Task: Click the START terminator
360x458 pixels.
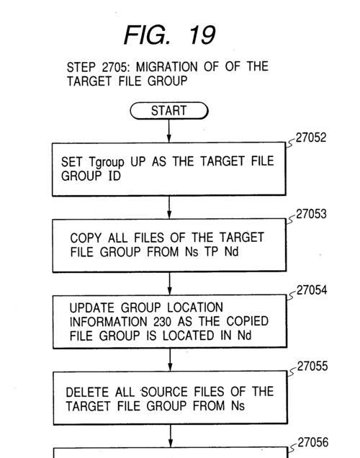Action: pyautogui.click(x=168, y=111)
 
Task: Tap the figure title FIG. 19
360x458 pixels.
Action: pyautogui.click(x=170, y=35)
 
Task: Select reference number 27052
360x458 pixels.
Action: pyautogui.click(x=310, y=138)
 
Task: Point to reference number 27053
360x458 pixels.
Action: pyautogui.click(x=311, y=214)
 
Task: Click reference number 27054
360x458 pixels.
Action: pyautogui.click(x=312, y=290)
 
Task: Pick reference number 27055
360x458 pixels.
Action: pyautogui.click(x=312, y=366)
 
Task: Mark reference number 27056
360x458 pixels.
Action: pyautogui.click(x=312, y=442)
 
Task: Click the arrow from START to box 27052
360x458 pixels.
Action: pyautogui.click(x=168, y=131)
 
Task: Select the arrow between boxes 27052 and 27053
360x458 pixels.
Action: pyautogui.click(x=169, y=207)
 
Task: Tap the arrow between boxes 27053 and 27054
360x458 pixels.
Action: pyautogui.click(x=169, y=283)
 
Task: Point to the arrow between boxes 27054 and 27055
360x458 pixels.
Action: pyautogui.click(x=170, y=359)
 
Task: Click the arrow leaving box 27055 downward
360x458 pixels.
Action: pyautogui.click(x=171, y=436)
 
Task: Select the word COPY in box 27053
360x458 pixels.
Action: pyautogui.click(x=86, y=238)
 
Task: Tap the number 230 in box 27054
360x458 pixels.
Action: pyautogui.click(x=162, y=322)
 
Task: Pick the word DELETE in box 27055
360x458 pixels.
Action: pyautogui.click(x=87, y=392)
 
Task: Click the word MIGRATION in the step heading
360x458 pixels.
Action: pyautogui.click(x=167, y=67)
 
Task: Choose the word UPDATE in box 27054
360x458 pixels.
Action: pyautogui.click(x=92, y=308)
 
